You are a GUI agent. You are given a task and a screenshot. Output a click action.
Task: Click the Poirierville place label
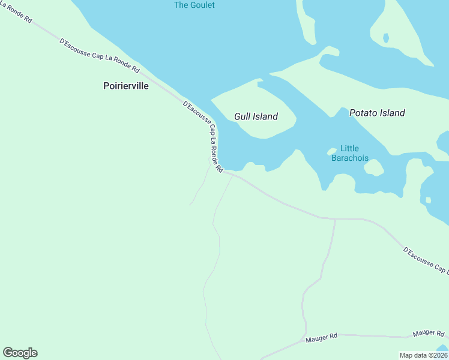coord(125,86)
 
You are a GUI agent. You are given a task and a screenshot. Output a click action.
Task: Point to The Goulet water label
coord(194,5)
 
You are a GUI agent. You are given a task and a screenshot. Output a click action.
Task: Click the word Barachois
coord(349,158)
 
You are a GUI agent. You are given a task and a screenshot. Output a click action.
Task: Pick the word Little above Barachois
coord(349,149)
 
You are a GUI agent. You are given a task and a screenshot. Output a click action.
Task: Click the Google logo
coord(20,353)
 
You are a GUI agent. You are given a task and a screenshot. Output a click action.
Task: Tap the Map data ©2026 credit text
coord(423,355)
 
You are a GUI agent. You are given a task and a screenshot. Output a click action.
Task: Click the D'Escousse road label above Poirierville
coord(99,56)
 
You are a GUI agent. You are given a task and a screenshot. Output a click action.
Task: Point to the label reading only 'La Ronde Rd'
coord(16,12)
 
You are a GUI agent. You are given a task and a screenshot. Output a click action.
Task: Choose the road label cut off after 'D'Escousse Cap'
coord(425,259)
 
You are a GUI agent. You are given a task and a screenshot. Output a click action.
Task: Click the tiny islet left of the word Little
coord(331,151)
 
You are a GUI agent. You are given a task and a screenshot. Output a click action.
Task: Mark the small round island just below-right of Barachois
coord(373,167)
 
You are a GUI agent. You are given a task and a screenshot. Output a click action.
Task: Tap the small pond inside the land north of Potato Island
coord(385,38)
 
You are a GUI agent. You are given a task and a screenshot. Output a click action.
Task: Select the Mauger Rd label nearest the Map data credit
coord(429,334)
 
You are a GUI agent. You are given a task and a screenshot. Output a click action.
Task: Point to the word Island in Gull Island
coord(265,116)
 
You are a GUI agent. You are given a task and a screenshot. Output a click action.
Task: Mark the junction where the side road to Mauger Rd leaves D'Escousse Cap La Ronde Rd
coord(335,219)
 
